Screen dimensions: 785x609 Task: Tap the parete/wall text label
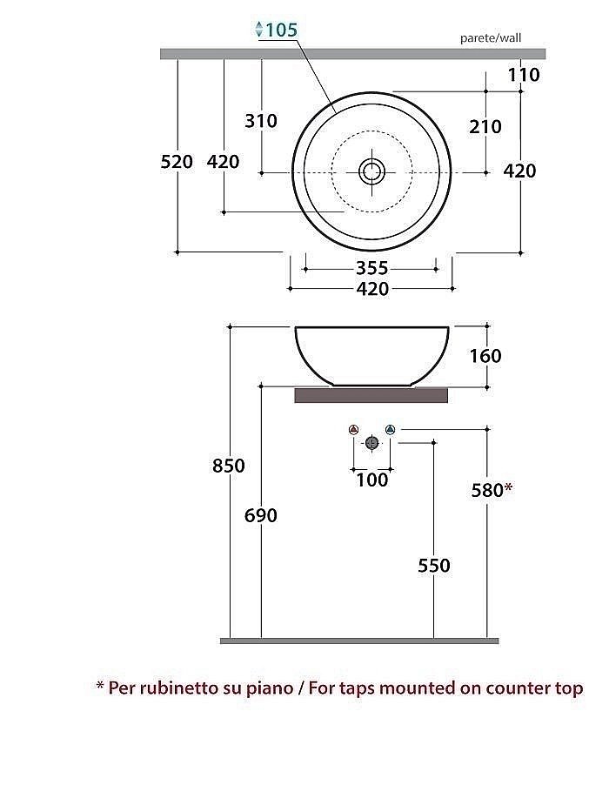coord(491,38)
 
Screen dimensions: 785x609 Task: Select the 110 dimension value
coord(524,75)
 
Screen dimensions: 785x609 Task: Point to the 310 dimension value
coord(261,121)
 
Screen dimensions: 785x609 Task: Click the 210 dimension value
coord(485,127)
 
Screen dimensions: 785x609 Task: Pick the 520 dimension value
coord(177,162)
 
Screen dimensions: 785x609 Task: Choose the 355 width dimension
coord(371,269)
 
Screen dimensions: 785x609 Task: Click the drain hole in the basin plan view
coord(372,171)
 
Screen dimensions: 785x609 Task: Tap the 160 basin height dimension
coord(485,356)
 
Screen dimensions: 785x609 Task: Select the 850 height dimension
coord(229,466)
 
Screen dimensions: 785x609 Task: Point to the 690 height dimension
coord(261,515)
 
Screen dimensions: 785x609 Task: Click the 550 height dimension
coord(433,566)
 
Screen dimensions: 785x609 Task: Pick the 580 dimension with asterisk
coord(491,490)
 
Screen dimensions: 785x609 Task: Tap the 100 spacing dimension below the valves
coord(372,480)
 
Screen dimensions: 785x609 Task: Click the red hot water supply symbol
coord(353,430)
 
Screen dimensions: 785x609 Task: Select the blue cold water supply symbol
coord(391,430)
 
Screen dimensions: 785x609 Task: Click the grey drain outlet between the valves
coord(372,443)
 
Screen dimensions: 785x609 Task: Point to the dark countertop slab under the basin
coord(371,396)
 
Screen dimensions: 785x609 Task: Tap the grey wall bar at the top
coord(339,54)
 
